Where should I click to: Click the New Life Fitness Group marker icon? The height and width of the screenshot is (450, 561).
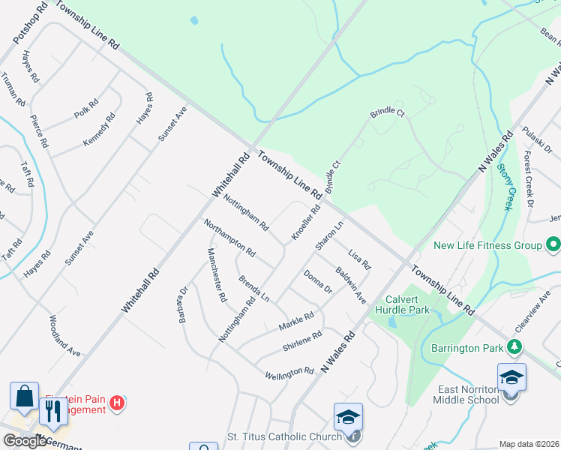(x=553, y=245)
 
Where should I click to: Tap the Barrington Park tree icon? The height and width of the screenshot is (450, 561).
(x=514, y=346)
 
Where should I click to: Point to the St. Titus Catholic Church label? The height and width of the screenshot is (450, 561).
(x=284, y=436)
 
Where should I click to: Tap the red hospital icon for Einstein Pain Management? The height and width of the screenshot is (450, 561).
(x=116, y=403)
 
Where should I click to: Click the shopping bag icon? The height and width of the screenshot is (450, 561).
(x=23, y=395)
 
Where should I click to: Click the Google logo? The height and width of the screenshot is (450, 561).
(x=24, y=441)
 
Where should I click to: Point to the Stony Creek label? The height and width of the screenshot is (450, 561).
(x=508, y=187)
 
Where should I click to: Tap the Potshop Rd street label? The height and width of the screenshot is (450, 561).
(x=29, y=22)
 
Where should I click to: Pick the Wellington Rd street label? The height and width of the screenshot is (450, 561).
(x=289, y=372)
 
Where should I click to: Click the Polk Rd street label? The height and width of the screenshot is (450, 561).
(x=86, y=109)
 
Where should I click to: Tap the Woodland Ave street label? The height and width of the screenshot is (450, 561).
(x=64, y=335)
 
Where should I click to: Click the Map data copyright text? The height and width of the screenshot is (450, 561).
(x=529, y=444)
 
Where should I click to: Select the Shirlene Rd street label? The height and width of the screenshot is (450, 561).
(x=302, y=340)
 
